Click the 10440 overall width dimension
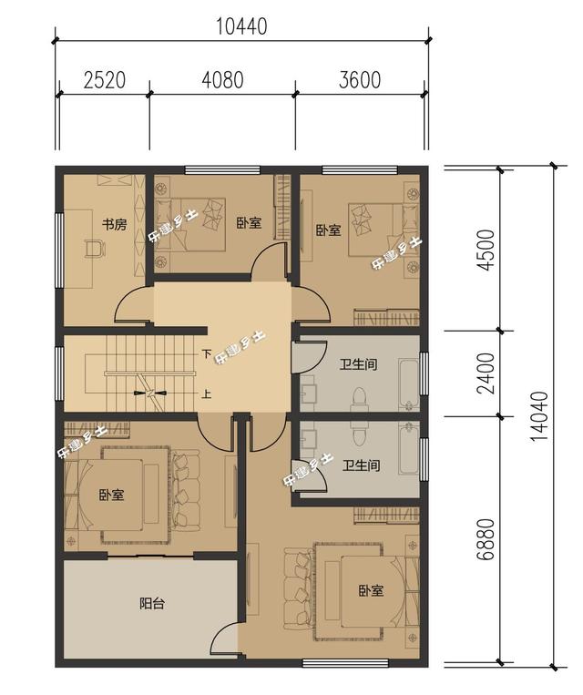pyautogui.click(x=241, y=26)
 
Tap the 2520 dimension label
pyautogui.click(x=105, y=80)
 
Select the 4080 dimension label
pyautogui.click(x=222, y=80)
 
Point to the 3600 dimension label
pyautogui.click(x=360, y=80)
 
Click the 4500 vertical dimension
pyautogui.click(x=486, y=250)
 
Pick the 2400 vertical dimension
pyautogui.click(x=486, y=373)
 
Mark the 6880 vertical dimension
pyautogui.click(x=486, y=539)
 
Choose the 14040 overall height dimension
pyautogui.click(x=539, y=415)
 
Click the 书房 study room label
pyautogui.click(x=115, y=224)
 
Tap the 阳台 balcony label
pyautogui.click(x=152, y=603)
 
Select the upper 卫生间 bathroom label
pyautogui.click(x=359, y=364)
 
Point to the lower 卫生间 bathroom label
pyautogui.click(x=362, y=465)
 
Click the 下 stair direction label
pyautogui.click(x=206, y=353)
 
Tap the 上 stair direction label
pyautogui.click(x=206, y=393)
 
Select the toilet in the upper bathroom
pyautogui.click(x=360, y=397)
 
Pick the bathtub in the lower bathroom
pyautogui.click(x=408, y=448)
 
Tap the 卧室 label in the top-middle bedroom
pyautogui.click(x=249, y=223)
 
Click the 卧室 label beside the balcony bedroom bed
pyautogui.click(x=111, y=495)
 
